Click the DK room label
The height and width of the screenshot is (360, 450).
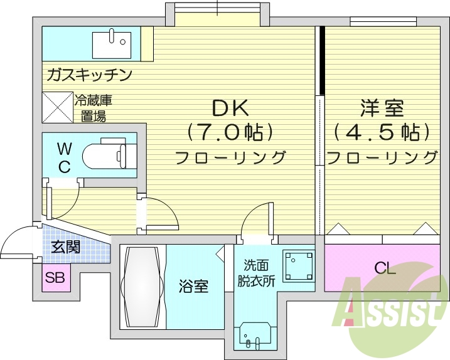coord(230,108)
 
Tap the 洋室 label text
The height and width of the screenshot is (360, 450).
coord(382,108)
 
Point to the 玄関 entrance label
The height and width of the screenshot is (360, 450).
coord(65,246)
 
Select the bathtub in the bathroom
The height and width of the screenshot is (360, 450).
coord(142,287)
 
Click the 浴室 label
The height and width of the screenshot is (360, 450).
coord(195,286)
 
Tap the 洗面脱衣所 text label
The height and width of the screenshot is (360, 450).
coord(255,274)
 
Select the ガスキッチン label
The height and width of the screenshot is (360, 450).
coord(88,76)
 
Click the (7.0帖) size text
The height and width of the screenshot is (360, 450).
coord(230,132)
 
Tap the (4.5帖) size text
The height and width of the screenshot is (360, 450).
coord(382,132)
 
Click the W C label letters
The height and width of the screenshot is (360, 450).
coord(64,157)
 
